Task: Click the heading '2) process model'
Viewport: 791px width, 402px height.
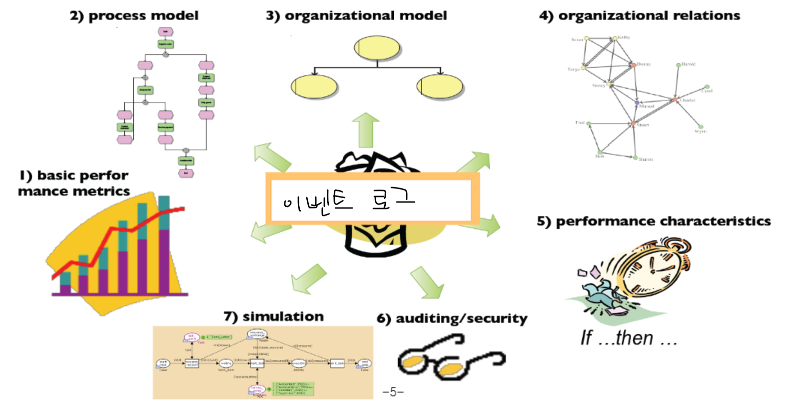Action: click(x=134, y=16)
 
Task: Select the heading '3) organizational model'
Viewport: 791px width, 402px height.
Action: click(x=356, y=16)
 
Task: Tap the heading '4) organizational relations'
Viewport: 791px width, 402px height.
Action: click(x=640, y=16)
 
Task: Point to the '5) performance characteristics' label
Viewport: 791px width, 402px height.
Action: click(x=654, y=221)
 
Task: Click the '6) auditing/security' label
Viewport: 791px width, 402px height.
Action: click(x=452, y=319)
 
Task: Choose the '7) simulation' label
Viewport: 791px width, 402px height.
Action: click(x=273, y=316)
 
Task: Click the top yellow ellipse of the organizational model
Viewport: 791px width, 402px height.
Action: click(x=377, y=48)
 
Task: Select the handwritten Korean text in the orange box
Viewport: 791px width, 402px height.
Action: click(x=349, y=200)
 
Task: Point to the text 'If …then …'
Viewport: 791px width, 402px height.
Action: click(x=629, y=338)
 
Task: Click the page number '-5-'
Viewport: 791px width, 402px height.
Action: click(x=393, y=392)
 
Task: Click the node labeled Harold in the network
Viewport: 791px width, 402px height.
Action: click(x=678, y=65)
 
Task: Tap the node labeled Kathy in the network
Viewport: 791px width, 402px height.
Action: click(x=615, y=38)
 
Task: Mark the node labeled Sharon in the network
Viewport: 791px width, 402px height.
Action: click(x=635, y=158)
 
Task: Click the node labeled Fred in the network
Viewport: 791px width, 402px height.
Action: click(x=589, y=123)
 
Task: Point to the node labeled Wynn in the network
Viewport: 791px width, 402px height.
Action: click(x=701, y=127)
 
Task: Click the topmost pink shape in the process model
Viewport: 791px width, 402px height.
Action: click(x=165, y=31)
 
